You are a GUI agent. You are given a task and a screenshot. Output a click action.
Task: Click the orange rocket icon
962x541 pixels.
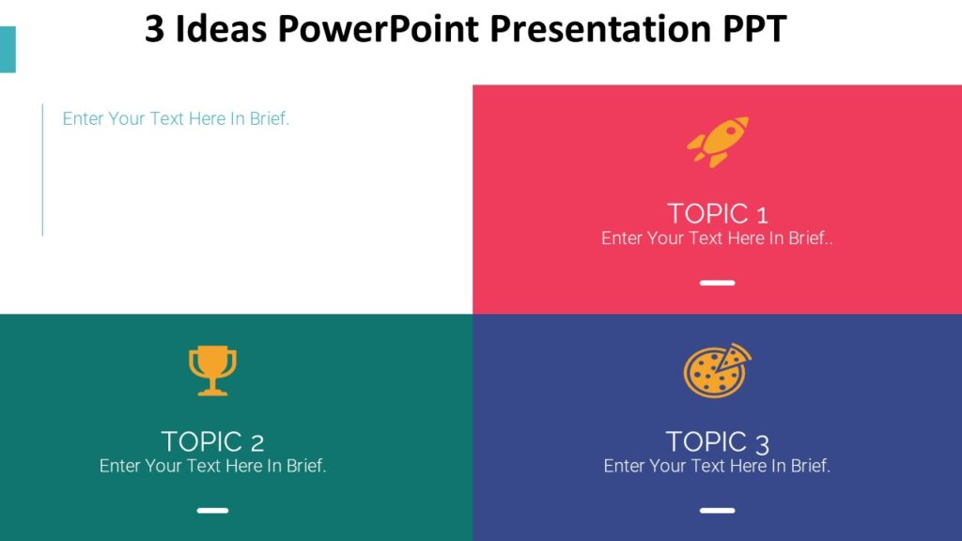[x=718, y=142]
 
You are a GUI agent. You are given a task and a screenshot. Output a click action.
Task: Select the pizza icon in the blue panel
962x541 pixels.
[x=717, y=370]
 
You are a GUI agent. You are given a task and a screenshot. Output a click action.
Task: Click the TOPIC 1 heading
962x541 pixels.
[x=718, y=213]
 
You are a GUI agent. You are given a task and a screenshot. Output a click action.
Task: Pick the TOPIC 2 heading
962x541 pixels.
[x=212, y=441]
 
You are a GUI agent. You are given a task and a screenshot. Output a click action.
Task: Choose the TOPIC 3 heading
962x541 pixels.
[x=718, y=441]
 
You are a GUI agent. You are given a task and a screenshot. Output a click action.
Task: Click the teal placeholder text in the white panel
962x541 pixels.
[x=176, y=119]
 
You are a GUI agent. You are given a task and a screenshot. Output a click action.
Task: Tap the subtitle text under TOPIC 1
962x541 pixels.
[x=717, y=239]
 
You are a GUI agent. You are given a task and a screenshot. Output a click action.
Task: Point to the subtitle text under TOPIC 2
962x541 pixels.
[x=212, y=466]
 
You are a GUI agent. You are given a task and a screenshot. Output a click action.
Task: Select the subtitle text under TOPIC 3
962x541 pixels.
[x=717, y=466]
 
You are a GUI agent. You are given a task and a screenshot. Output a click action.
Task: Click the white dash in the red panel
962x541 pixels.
[x=717, y=283]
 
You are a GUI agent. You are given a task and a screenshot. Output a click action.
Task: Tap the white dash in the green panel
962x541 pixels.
[x=212, y=511]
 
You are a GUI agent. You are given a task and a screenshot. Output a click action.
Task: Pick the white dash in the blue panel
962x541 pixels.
[x=717, y=511]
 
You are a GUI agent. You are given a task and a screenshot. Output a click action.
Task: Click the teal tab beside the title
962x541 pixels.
[x=8, y=50]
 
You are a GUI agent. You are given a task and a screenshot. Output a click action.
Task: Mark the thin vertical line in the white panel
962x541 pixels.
[x=42, y=169]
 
